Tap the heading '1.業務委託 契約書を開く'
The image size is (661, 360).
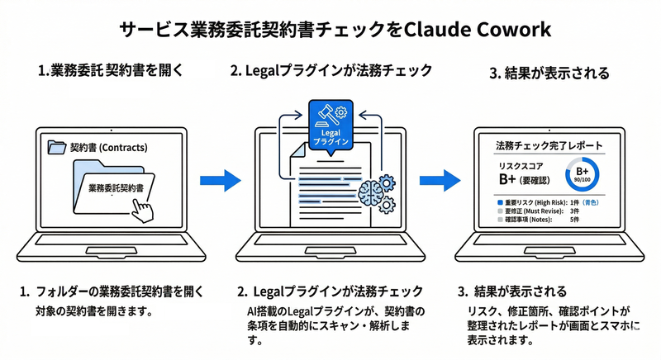(x=110, y=71)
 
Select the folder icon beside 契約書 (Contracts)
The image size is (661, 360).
(x=57, y=148)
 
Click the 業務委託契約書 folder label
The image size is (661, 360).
(x=112, y=188)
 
